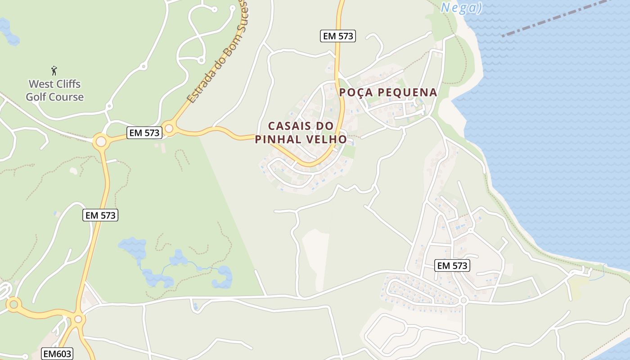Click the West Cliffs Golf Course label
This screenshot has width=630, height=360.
[x=54, y=90]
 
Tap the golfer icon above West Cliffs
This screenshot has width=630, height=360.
[x=54, y=71]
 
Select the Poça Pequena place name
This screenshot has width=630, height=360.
[x=388, y=92]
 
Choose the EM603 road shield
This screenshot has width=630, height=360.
[x=57, y=354]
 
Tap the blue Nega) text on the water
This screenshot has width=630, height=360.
[x=461, y=8]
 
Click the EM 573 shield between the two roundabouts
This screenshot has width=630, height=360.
[x=144, y=133]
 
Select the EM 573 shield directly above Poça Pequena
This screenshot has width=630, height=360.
[x=338, y=36]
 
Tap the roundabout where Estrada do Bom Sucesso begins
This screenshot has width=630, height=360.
[x=169, y=129]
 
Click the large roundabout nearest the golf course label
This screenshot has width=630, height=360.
[x=101, y=142]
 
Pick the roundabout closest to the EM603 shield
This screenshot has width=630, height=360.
[x=78, y=319]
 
